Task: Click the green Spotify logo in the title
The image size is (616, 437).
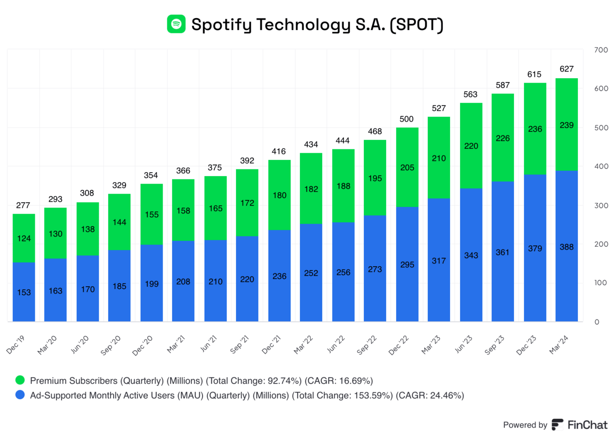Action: click(176, 23)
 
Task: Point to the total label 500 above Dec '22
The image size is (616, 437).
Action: click(407, 119)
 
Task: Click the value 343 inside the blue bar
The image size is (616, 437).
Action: click(471, 255)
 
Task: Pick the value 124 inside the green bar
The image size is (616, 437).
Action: click(24, 238)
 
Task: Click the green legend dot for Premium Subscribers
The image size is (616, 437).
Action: click(20, 381)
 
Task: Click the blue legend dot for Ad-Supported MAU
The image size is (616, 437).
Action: click(20, 395)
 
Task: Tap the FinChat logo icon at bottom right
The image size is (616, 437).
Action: click(557, 425)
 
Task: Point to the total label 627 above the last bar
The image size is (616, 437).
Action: click(566, 69)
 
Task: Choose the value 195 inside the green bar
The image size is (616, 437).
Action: click(375, 178)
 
